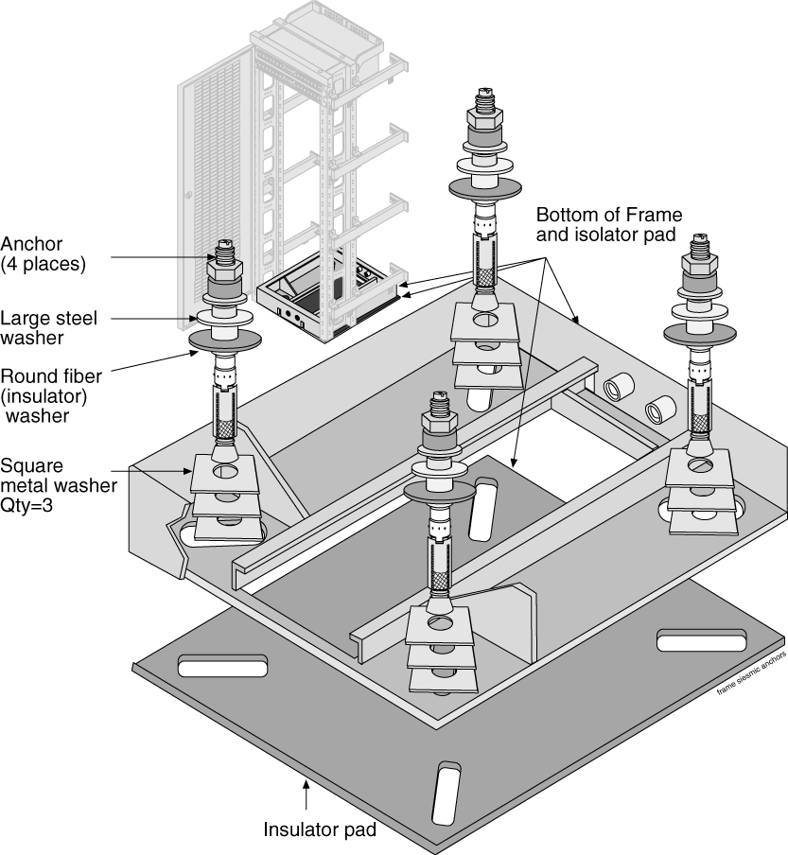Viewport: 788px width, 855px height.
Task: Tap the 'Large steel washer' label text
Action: click(x=44, y=326)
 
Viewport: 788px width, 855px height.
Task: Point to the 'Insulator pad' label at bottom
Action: click(x=320, y=830)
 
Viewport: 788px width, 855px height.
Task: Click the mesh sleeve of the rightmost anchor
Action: click(x=700, y=410)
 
